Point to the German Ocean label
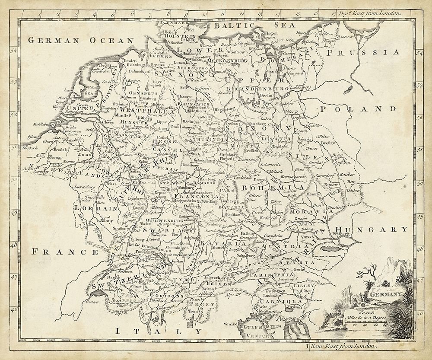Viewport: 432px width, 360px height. coord(80,40)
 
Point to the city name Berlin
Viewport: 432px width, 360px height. coord(266,95)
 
